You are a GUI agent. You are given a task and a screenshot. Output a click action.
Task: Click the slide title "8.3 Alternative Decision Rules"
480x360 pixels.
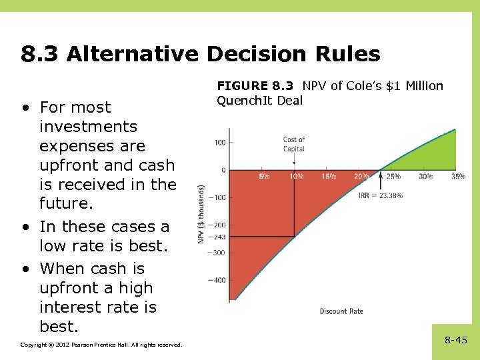click(x=200, y=54)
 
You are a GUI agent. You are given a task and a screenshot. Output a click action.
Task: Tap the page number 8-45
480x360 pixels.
click(x=456, y=340)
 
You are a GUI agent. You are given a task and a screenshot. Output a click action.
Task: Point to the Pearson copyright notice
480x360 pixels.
click(x=101, y=345)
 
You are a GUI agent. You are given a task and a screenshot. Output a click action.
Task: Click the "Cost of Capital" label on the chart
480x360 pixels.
click(x=294, y=144)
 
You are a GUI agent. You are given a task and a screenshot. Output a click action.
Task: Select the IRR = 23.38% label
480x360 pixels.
click(x=381, y=196)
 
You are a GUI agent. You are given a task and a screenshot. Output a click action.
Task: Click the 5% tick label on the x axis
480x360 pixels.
click(x=264, y=177)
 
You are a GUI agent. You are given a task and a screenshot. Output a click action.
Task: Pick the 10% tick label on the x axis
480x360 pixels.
click(x=296, y=177)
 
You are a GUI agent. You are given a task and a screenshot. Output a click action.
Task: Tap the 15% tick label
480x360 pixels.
click(x=329, y=177)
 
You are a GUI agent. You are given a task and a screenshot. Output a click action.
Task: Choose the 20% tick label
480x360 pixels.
click(x=361, y=177)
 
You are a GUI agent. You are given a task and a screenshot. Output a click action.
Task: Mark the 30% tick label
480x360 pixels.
click(x=425, y=177)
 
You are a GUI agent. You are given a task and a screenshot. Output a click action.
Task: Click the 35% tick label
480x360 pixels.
click(x=457, y=177)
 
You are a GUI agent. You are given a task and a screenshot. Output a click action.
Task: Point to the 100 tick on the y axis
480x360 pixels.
click(x=219, y=142)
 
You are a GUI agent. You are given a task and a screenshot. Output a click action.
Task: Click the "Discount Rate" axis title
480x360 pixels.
click(x=341, y=311)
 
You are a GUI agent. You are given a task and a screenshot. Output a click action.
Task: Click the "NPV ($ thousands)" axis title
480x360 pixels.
click(x=201, y=213)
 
